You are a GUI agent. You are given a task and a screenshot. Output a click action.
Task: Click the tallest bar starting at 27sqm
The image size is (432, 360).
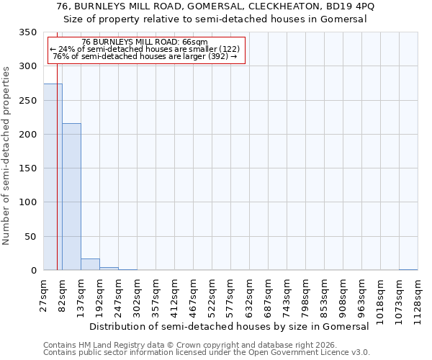(53, 176)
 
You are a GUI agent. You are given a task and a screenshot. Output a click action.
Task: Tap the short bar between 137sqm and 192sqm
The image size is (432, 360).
(90, 264)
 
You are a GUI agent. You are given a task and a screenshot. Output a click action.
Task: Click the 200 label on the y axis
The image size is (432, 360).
(29, 135)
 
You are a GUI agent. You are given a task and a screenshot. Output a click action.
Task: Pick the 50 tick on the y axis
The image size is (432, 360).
(32, 237)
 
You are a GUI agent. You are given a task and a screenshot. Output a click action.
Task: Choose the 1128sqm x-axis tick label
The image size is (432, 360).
(418, 296)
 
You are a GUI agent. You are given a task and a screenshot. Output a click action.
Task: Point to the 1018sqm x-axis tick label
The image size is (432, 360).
(381, 296)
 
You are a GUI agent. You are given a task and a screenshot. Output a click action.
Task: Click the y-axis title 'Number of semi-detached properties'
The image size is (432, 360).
(6, 156)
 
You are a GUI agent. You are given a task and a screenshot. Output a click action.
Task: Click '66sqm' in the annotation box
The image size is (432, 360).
(195, 42)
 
